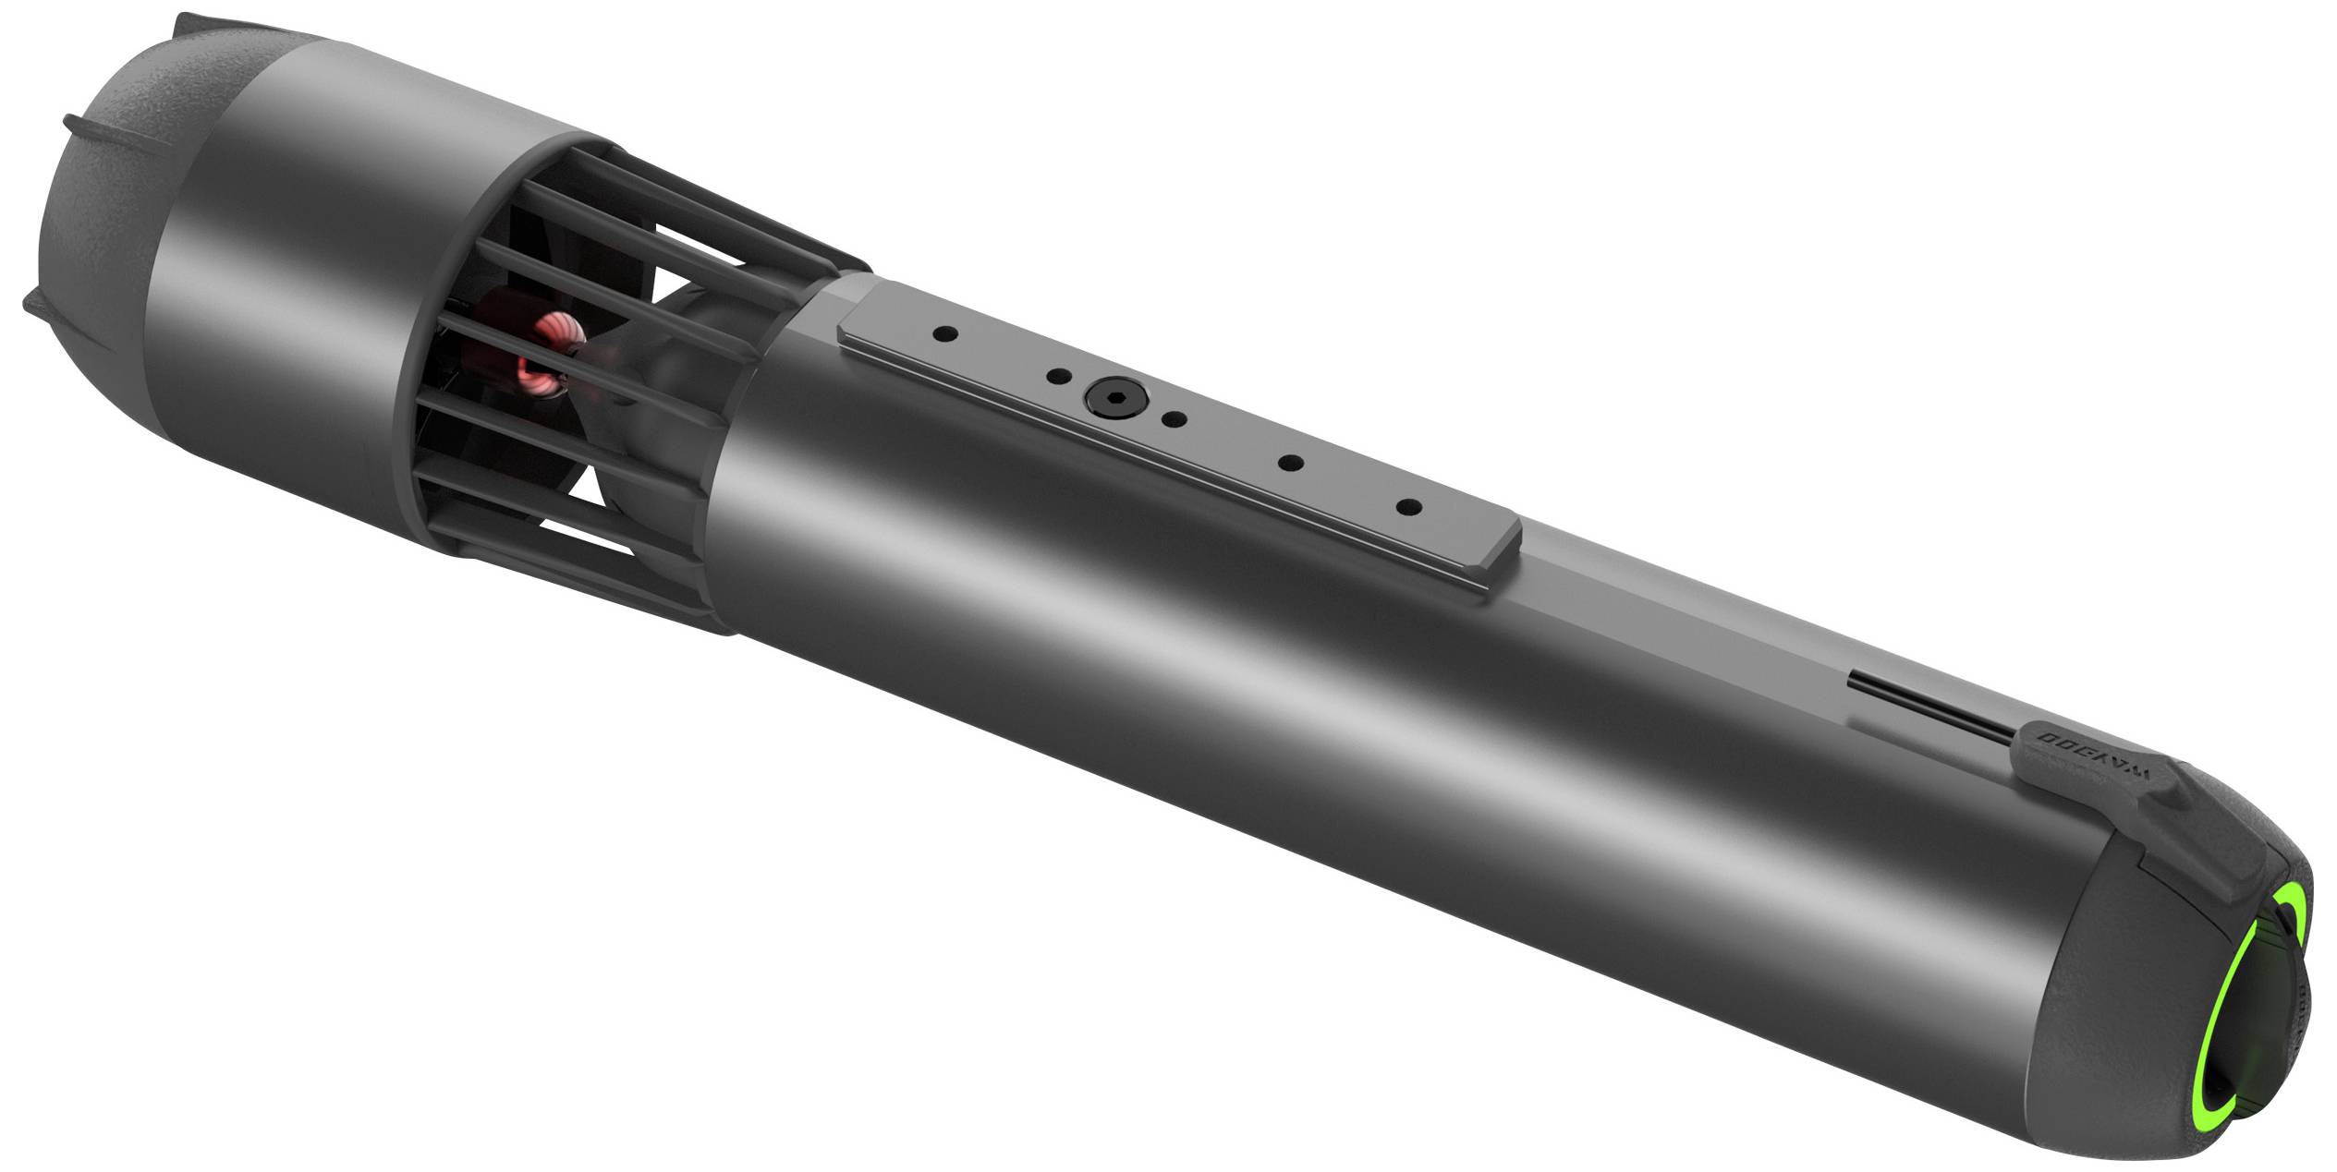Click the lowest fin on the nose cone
[x=42, y=301]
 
